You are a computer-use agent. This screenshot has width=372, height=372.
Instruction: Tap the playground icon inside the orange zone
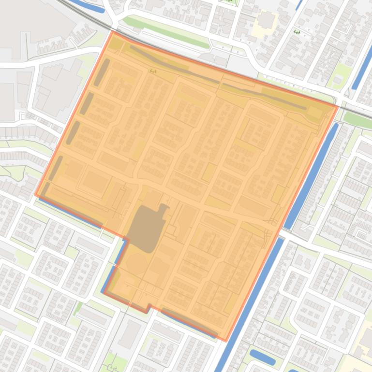pyautogui.click(x=153, y=72)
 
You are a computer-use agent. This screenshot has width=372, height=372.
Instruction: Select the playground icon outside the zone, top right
pyautogui.click(x=297, y=32)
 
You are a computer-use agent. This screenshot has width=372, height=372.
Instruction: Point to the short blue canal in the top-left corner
pyautogui.click(x=87, y=5)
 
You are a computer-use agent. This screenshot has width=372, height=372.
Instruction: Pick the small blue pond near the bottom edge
pyautogui.click(x=262, y=358)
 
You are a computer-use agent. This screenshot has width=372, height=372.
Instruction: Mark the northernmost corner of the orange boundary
pyautogui.click(x=113, y=31)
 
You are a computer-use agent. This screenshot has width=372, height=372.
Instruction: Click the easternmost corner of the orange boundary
pyautogui.click(x=337, y=106)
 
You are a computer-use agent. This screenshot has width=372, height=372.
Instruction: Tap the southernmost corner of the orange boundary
pyautogui.click(x=225, y=341)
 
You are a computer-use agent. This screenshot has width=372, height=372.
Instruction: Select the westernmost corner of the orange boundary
pyautogui.click(x=36, y=195)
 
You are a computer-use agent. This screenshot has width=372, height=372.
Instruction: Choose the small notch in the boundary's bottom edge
pyautogui.click(x=149, y=307)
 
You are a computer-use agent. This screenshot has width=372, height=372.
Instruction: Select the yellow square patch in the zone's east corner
pyautogui.click(x=315, y=114)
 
